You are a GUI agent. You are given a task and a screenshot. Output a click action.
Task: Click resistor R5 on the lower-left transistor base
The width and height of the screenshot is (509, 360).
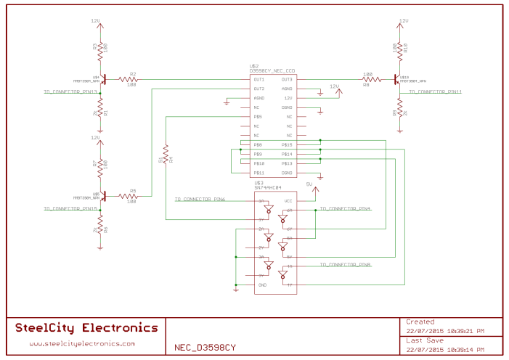[x=132, y=196]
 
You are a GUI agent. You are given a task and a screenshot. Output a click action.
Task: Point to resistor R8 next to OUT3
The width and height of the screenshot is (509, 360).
[x=367, y=79]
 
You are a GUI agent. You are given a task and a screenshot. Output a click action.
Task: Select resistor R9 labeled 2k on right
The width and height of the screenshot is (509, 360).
[x=399, y=112]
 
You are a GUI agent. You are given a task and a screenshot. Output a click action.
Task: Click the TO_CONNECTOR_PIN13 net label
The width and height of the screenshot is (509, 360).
[x=70, y=92]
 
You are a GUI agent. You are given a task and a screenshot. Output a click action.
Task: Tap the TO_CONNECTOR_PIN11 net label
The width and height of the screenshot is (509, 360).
[x=435, y=92]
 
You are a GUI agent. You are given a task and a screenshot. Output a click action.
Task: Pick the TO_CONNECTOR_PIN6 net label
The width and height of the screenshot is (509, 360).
[x=200, y=199]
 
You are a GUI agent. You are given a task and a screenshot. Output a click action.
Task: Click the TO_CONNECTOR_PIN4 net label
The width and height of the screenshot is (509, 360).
[x=346, y=209]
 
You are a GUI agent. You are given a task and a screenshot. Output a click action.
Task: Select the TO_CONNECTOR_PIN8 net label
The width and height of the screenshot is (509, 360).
[x=346, y=266]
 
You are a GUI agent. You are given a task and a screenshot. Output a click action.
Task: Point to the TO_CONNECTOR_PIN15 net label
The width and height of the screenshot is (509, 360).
[x=70, y=209]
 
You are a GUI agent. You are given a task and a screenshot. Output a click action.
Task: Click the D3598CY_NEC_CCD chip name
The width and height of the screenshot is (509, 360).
[x=272, y=70]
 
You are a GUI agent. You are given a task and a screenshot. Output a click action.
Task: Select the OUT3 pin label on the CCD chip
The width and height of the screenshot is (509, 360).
[x=287, y=79]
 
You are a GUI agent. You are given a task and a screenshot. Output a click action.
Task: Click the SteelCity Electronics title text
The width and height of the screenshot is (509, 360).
[x=86, y=328]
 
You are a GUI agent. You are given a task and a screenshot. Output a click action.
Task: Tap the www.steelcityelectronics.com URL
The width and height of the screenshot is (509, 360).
[x=82, y=344]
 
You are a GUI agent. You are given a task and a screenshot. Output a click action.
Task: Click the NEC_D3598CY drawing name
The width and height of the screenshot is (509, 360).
[x=205, y=347]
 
